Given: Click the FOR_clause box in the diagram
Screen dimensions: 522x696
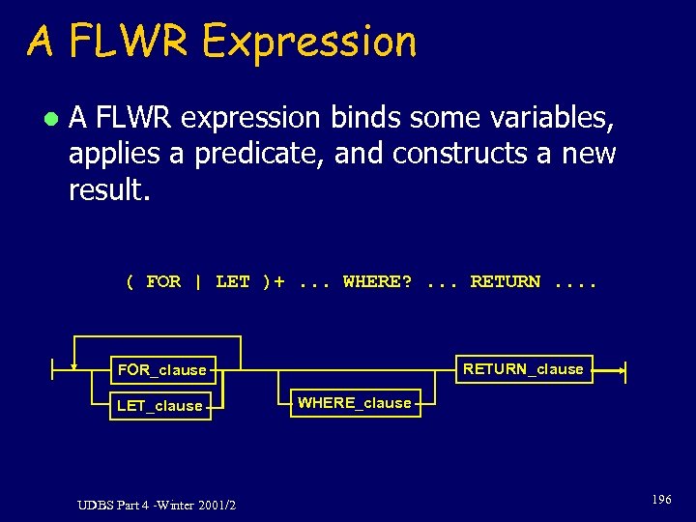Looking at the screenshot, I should (x=161, y=369).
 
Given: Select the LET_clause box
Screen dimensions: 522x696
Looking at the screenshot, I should (x=159, y=405).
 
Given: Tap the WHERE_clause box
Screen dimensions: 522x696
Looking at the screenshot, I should (x=355, y=403).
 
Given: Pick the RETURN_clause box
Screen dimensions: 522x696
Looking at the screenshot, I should (x=523, y=368).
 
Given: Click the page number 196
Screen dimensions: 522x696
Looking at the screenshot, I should (x=661, y=500).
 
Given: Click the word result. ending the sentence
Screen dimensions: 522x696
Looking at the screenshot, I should (x=109, y=189).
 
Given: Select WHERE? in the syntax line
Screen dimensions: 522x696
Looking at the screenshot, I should (x=377, y=281).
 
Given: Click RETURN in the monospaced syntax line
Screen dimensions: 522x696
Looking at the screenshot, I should (x=505, y=281).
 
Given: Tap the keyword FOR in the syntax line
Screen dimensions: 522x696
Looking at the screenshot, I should (x=163, y=281).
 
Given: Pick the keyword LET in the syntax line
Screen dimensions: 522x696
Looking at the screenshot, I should (x=232, y=281).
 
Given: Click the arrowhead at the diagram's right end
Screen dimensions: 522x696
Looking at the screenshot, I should (x=622, y=368).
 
